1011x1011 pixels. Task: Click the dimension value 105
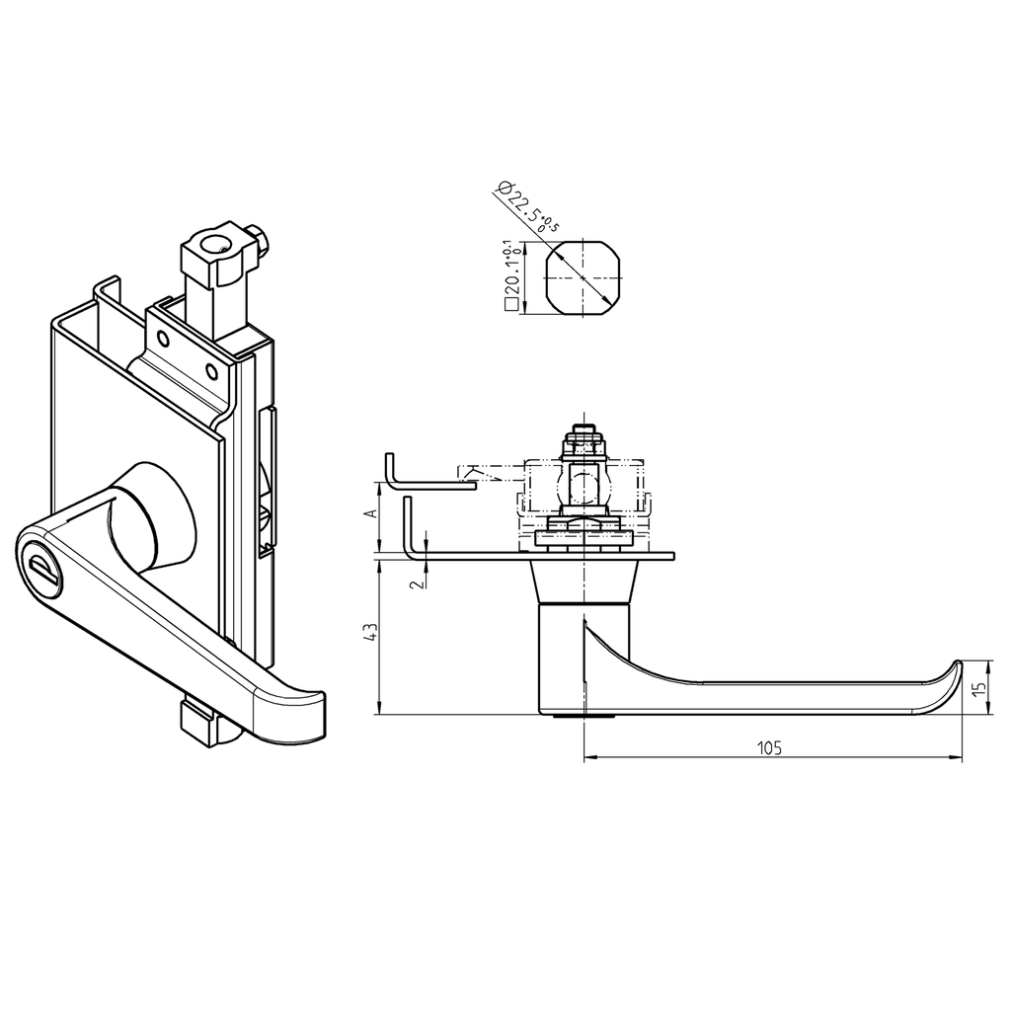(x=770, y=747)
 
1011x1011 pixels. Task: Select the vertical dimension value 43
(x=371, y=633)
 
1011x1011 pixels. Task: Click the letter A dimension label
(x=371, y=513)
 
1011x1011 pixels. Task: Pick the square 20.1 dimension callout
(x=511, y=277)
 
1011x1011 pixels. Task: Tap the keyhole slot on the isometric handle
(x=41, y=568)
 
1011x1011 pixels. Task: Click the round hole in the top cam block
(x=212, y=244)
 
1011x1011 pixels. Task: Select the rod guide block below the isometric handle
(x=202, y=725)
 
